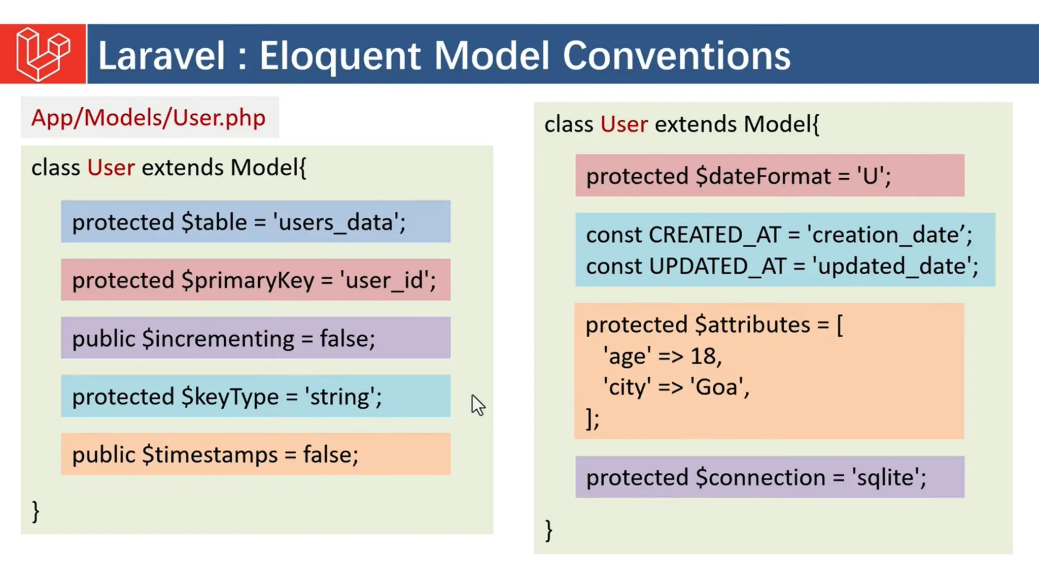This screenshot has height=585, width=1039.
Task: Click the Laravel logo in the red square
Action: [x=43, y=54]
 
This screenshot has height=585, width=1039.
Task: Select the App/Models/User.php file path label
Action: [x=149, y=118]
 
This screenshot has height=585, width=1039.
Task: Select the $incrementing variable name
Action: [x=218, y=339]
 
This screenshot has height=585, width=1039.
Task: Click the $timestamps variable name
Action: [x=210, y=455]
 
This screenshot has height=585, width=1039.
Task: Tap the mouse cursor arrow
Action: [x=477, y=405]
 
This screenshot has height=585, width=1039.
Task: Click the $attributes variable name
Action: [x=752, y=325]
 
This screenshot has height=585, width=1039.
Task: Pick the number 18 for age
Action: [x=703, y=356]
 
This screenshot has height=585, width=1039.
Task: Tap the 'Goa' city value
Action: [x=716, y=387]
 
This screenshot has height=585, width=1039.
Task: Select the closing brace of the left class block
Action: [x=36, y=511]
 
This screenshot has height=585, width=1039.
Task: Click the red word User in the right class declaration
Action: [x=624, y=124]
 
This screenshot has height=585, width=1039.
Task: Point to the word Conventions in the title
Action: [x=676, y=56]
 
